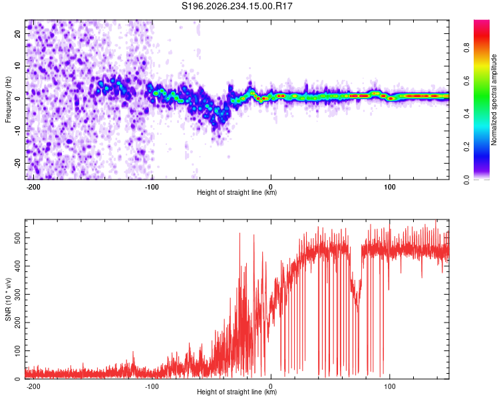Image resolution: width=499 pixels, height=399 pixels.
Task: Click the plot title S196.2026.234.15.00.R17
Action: coord(237,6)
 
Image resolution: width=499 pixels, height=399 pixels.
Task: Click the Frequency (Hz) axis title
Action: coord(8,100)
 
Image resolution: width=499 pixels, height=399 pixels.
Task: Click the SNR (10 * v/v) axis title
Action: coord(8,299)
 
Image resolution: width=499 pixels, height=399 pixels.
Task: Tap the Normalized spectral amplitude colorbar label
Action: coord(494,100)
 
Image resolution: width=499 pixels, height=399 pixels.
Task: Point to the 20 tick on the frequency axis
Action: coord(17,33)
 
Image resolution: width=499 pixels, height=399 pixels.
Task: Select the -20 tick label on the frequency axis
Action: coord(17,163)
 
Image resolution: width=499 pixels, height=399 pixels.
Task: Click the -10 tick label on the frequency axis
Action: coord(17,131)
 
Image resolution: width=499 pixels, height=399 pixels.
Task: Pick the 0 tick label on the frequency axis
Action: coord(17,98)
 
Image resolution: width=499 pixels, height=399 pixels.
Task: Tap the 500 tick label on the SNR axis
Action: coord(17,237)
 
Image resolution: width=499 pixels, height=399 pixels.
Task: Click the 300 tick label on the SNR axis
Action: coord(17,295)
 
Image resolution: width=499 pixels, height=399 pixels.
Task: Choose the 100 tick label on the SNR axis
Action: coord(17,350)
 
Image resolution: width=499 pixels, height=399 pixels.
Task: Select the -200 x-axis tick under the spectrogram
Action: coord(33,187)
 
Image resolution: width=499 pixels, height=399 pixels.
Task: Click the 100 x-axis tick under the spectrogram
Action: coord(389,187)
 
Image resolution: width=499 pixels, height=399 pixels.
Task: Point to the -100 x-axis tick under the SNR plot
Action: coord(152,386)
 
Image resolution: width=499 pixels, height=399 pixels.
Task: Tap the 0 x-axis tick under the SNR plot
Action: coord(271,386)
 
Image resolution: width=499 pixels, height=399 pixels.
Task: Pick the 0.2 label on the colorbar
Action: coord(466,147)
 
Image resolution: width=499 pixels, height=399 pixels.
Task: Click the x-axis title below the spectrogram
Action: coord(237,192)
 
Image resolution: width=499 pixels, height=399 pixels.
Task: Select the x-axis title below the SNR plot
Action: coord(237,392)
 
